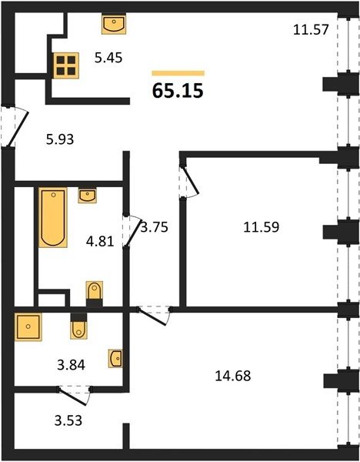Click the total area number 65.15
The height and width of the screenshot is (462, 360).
click(x=178, y=90)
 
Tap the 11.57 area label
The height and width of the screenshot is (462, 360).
click(x=311, y=30)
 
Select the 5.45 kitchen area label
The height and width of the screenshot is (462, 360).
click(x=108, y=58)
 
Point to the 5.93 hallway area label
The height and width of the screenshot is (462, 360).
click(x=60, y=139)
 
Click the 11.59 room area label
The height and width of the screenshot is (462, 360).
click(x=262, y=227)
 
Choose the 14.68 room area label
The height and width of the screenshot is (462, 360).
click(x=233, y=376)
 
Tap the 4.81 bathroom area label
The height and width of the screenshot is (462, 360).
click(x=100, y=242)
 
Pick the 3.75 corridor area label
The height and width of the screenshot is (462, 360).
click(x=155, y=227)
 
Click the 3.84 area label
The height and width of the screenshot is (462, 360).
click(x=72, y=365)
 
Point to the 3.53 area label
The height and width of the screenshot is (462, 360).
click(x=68, y=420)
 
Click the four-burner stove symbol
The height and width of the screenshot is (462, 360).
click(x=66, y=65)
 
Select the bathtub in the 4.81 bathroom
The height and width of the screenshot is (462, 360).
click(x=53, y=217)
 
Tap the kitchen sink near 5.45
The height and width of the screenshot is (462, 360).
click(x=114, y=24)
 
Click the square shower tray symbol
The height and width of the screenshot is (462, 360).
click(x=28, y=326)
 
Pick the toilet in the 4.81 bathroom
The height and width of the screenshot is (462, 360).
click(x=95, y=294)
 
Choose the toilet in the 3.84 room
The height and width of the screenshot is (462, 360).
click(x=78, y=326)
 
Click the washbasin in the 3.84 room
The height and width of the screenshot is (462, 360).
click(x=115, y=358)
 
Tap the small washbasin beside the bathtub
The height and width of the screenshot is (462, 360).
click(x=87, y=196)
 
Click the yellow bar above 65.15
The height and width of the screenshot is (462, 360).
click(x=178, y=73)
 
